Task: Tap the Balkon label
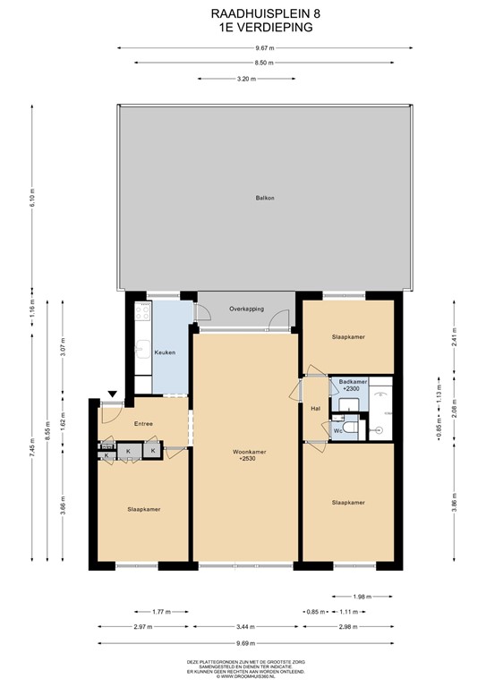(263, 198)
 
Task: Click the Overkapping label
(246, 309)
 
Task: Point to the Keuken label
(165, 352)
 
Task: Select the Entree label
(143, 423)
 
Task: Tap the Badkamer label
(348, 383)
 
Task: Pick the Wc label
(337, 431)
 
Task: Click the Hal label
(315, 408)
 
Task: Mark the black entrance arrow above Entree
(112, 394)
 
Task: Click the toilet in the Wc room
(352, 430)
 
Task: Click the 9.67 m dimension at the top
(262, 47)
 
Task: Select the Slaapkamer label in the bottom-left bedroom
(143, 509)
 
